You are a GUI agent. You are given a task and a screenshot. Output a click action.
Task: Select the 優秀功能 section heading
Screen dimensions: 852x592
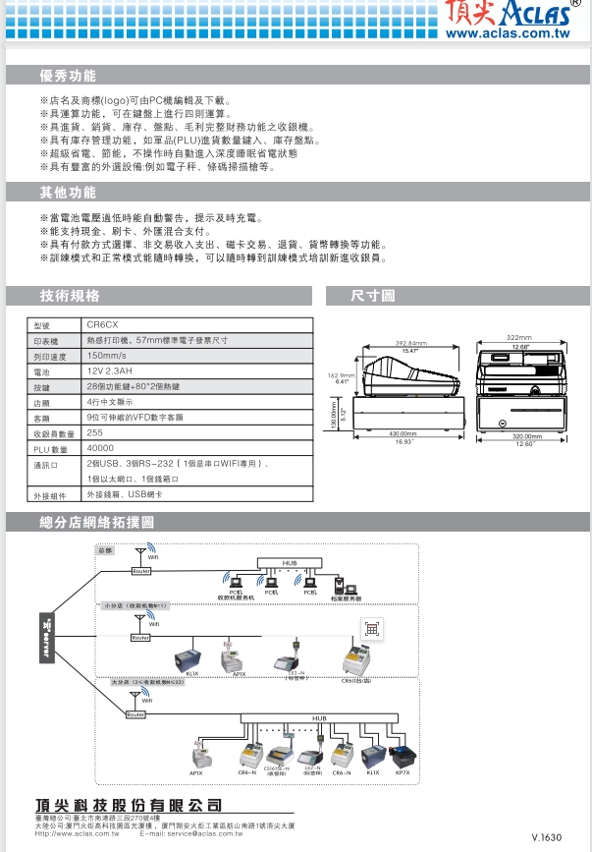coord(68,76)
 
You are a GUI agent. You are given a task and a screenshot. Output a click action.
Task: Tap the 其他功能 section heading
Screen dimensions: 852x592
coord(68,192)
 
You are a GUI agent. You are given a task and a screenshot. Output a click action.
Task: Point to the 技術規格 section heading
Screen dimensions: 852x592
coord(70,295)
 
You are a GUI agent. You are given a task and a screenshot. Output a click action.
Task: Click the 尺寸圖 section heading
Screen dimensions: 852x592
coord(373,295)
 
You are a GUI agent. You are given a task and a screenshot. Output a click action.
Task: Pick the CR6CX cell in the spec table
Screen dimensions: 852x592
coord(103,323)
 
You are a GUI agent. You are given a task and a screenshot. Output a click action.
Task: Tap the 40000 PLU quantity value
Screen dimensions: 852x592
coord(101,448)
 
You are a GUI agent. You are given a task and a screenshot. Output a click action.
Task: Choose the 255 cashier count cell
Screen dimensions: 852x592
coord(95,432)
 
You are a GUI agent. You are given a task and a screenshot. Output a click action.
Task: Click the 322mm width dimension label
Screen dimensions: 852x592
coord(518,337)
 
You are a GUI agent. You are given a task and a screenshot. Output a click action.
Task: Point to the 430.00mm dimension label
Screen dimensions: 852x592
coord(403,433)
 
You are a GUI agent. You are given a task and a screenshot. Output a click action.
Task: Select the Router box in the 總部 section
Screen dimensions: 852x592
coord(141,571)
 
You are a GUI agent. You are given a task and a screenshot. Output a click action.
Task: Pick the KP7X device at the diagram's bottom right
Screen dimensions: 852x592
coord(402,759)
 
